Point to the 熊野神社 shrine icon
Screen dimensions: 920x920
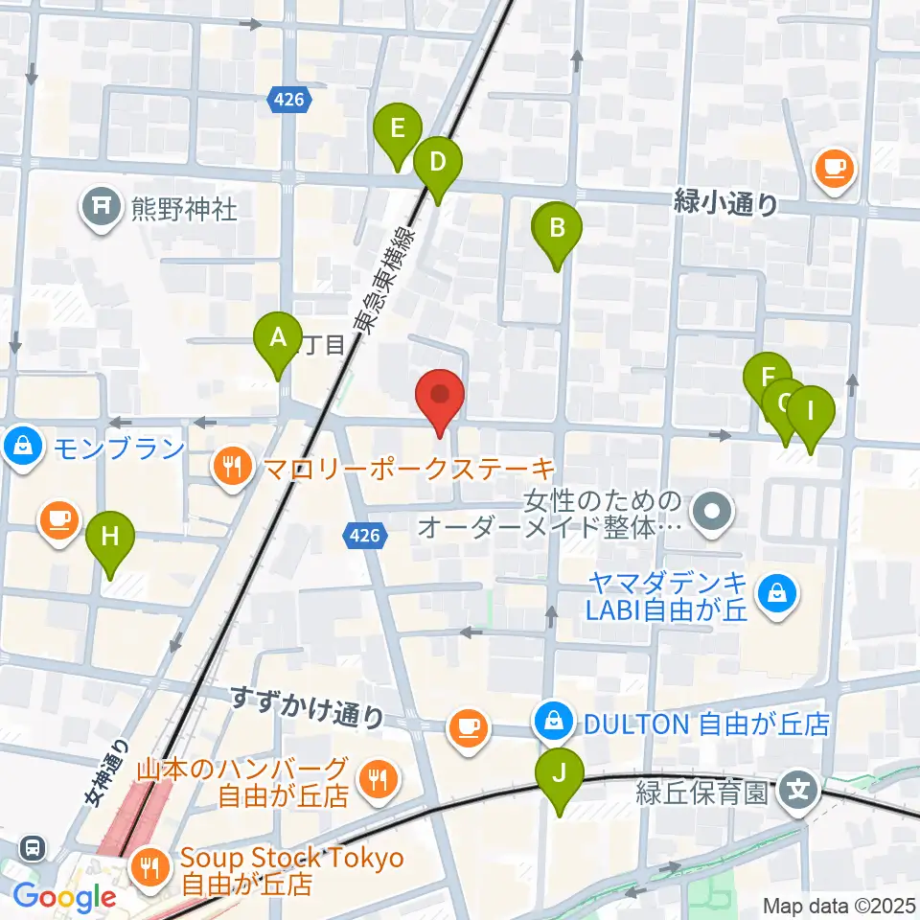tap(101, 206)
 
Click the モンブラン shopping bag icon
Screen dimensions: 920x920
tap(20, 447)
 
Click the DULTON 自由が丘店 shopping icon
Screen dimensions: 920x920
tap(554, 722)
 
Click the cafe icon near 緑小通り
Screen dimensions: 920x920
tap(832, 169)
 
